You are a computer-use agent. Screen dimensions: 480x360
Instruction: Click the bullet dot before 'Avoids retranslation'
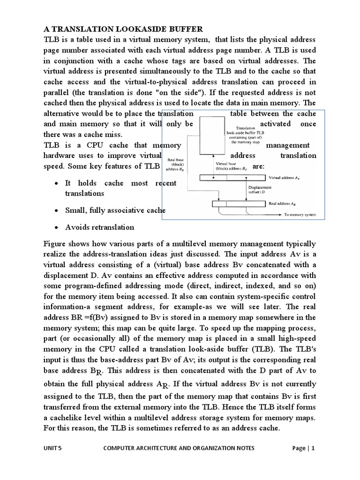pyautogui.click(x=56, y=227)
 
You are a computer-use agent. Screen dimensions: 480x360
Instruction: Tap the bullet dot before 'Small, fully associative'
pyautogui.click(x=56, y=210)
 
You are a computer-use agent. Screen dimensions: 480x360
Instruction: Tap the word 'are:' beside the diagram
pyautogui.click(x=258, y=166)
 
